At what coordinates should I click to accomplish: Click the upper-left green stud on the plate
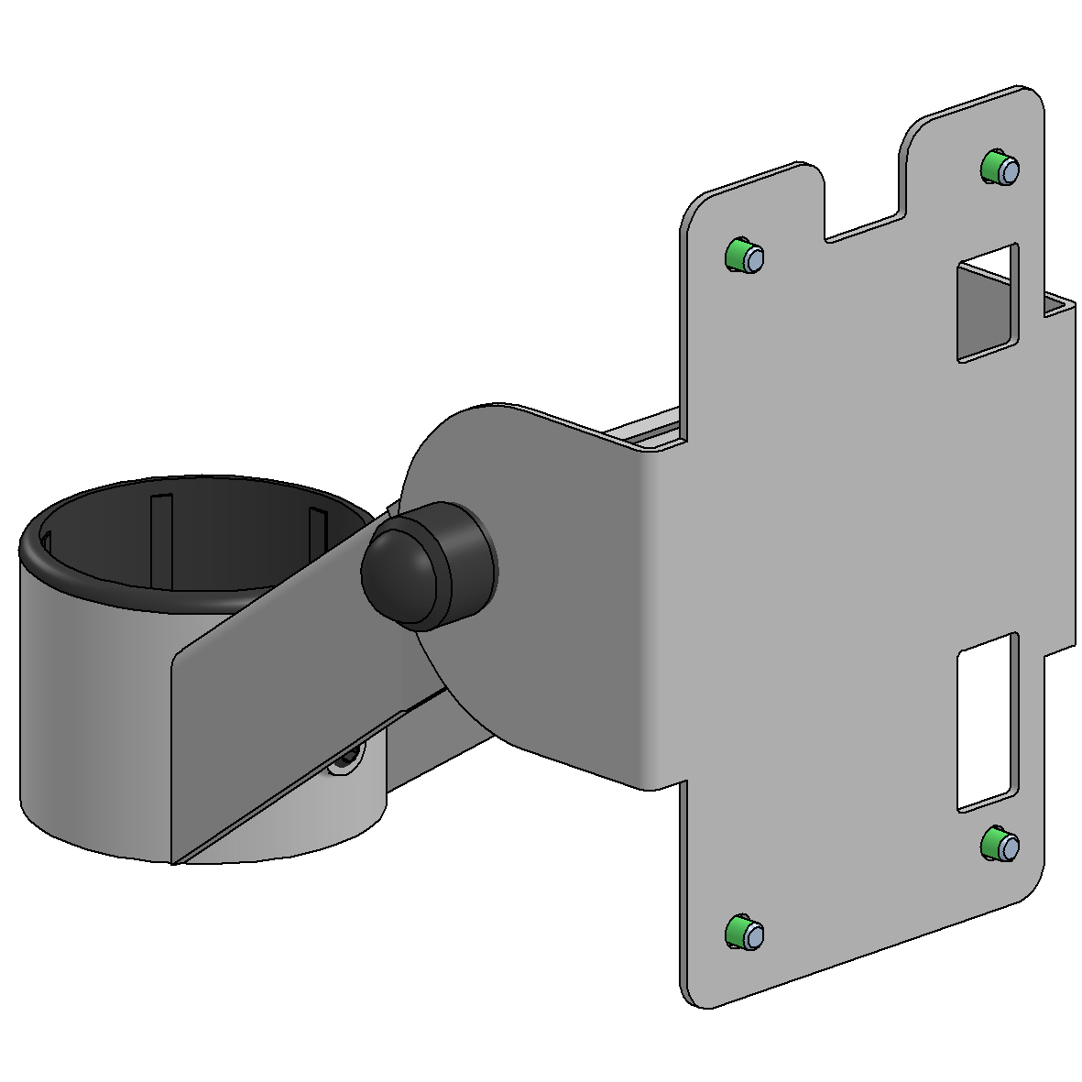(x=744, y=256)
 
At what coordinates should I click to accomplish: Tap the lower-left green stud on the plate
(x=744, y=932)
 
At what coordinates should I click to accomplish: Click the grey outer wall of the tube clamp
(x=92, y=715)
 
